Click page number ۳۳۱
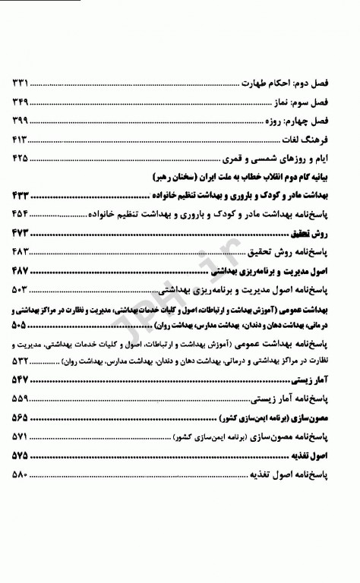point(20,83)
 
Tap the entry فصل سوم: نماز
point(315,102)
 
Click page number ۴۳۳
point(20,196)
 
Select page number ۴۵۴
point(20,214)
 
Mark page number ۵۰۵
point(20,325)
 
